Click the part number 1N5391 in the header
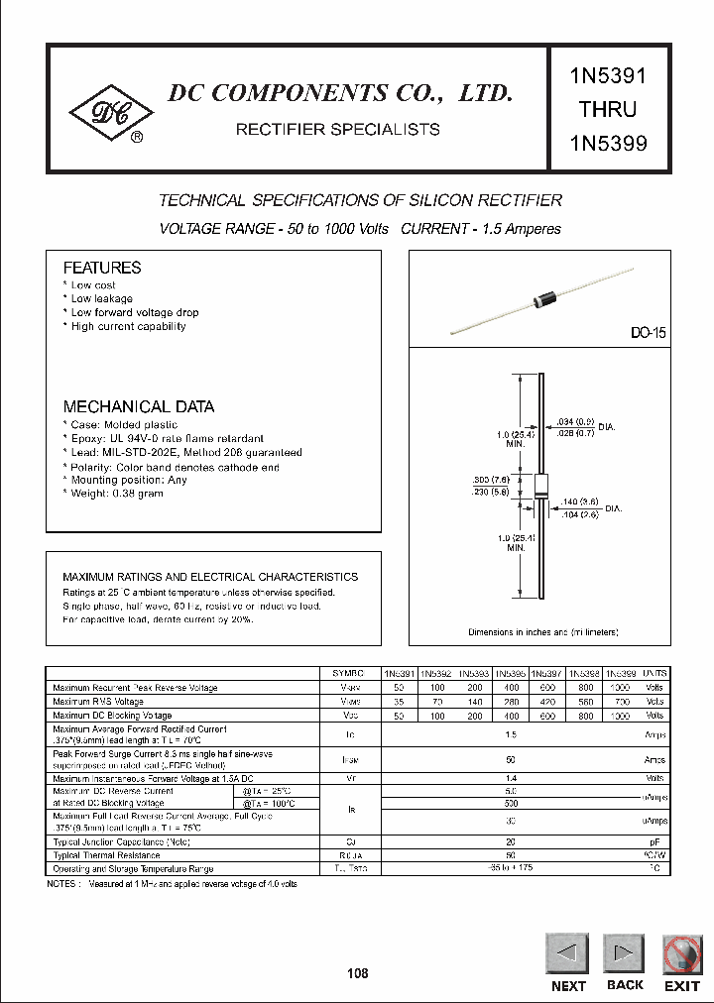[608, 76]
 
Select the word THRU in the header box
[608, 109]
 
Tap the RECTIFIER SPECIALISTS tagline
[336, 129]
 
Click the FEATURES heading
[102, 268]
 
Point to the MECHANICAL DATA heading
[138, 406]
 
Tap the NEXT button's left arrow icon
[567, 954]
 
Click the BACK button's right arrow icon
[625, 954]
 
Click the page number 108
[357, 973]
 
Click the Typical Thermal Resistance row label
[106, 854]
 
